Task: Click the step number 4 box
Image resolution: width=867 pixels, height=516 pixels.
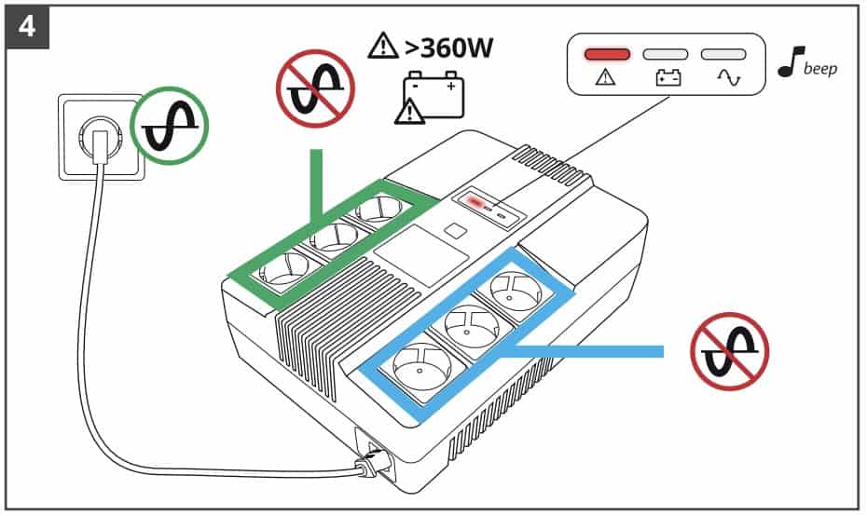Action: pyautogui.click(x=26, y=25)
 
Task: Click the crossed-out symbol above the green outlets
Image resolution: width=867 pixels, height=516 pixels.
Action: pyautogui.click(x=314, y=88)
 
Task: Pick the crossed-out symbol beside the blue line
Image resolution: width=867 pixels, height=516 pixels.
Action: pyautogui.click(x=729, y=350)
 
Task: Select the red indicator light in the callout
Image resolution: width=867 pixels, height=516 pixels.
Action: pyautogui.click(x=609, y=55)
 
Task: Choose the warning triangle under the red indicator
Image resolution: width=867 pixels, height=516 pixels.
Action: pyautogui.click(x=608, y=79)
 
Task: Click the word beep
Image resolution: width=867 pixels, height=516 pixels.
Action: pyautogui.click(x=819, y=69)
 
